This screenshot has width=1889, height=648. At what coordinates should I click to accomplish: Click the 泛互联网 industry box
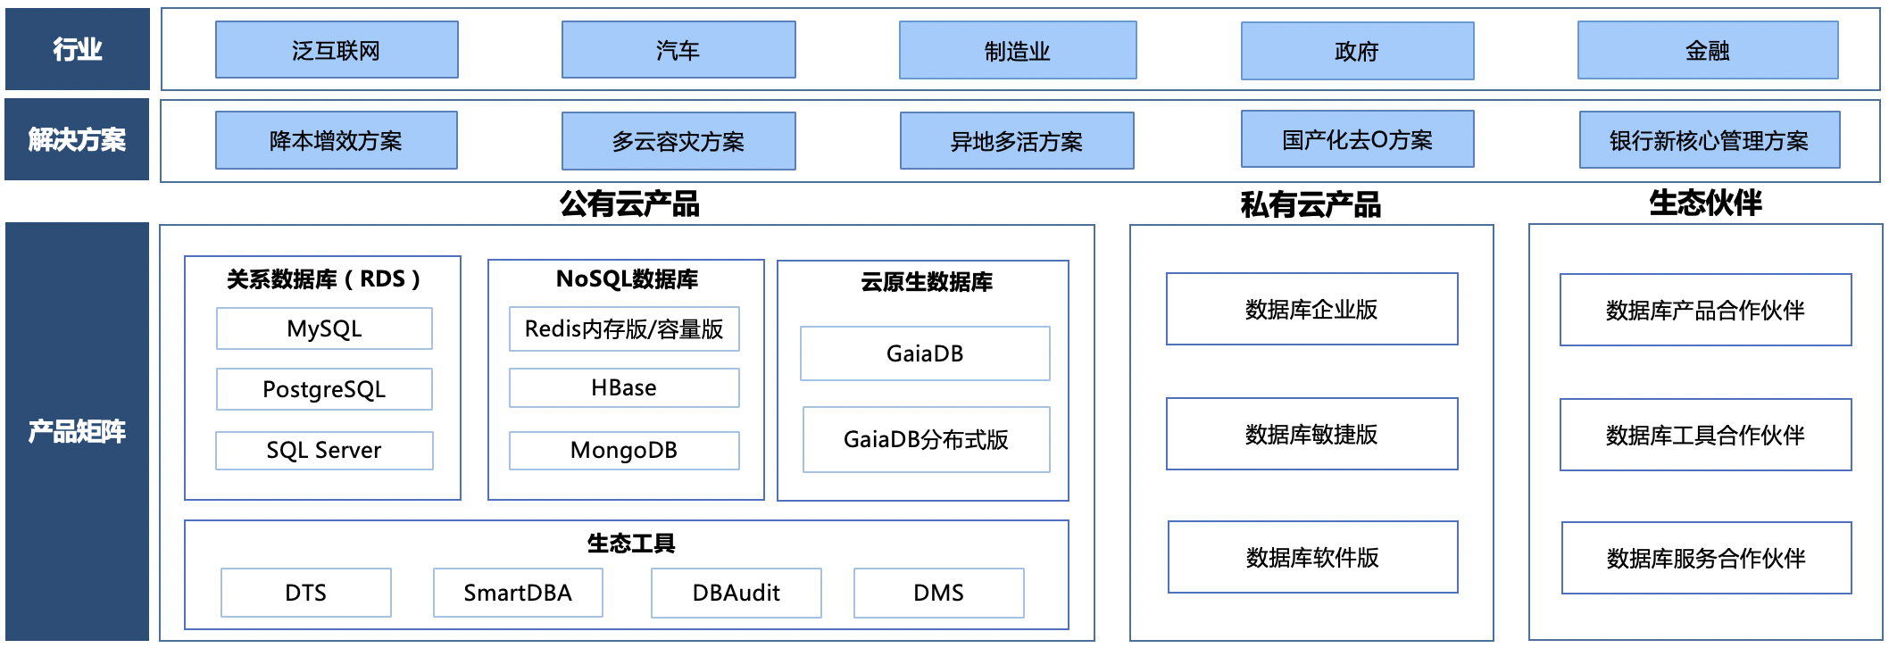pyautogui.click(x=337, y=50)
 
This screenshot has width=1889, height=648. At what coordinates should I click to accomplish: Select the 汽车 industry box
pyautogui.click(x=678, y=50)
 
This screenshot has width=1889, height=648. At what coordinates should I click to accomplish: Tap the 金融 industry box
pyautogui.click(x=1707, y=51)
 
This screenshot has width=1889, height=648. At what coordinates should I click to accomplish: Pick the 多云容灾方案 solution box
pyautogui.click(x=678, y=141)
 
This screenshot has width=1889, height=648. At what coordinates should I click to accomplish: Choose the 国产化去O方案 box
pyautogui.click(x=1357, y=139)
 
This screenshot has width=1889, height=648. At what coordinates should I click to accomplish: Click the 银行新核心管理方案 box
pyautogui.click(x=1709, y=140)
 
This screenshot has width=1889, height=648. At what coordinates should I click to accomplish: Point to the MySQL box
pyautogui.click(x=324, y=328)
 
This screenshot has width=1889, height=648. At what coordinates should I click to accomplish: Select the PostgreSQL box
pyautogui.click(x=324, y=389)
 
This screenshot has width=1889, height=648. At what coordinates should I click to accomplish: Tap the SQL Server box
pyautogui.click(x=324, y=450)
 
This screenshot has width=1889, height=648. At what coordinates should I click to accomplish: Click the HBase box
pyautogui.click(x=624, y=387)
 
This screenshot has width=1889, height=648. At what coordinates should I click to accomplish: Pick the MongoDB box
pyautogui.click(x=624, y=450)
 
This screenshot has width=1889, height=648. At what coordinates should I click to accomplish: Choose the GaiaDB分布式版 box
pyautogui.click(x=926, y=439)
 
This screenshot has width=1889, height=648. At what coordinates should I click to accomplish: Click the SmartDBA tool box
pyautogui.click(x=518, y=593)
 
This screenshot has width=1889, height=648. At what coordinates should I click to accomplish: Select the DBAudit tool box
pyautogui.click(x=736, y=593)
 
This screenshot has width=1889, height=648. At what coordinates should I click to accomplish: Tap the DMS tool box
pyautogui.click(x=938, y=593)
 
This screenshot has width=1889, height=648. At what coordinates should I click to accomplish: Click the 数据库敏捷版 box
pyautogui.click(x=1311, y=434)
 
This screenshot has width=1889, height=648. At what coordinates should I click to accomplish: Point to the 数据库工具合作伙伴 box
pyautogui.click(x=1705, y=435)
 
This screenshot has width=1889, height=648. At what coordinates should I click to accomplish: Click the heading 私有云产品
pyautogui.click(x=1311, y=205)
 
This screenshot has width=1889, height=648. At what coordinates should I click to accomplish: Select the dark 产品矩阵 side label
pyautogui.click(x=77, y=431)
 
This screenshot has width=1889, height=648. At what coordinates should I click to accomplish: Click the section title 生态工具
pyautogui.click(x=630, y=543)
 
